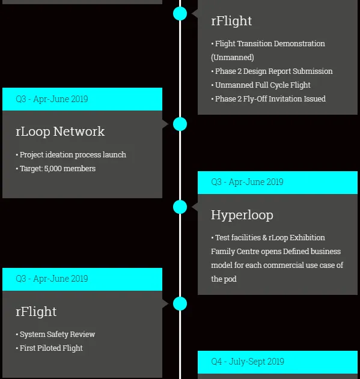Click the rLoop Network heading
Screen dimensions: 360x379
coord(60,132)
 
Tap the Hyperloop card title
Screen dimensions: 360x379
coord(242,215)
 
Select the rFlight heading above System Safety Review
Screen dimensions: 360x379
coord(36,312)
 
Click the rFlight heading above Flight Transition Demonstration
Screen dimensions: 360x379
coord(231,21)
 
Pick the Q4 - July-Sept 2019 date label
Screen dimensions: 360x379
coord(248,362)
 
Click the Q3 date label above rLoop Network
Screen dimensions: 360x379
coord(52,99)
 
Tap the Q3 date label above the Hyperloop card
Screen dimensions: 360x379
coord(247,182)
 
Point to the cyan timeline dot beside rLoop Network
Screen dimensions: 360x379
coord(180,124)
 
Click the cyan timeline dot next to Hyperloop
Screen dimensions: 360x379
coord(180,207)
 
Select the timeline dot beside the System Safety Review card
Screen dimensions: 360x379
coord(180,303)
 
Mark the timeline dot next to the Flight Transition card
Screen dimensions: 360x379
coord(180,13)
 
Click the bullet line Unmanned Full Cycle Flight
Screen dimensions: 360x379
coord(261,85)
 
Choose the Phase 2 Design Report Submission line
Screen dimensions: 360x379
coord(272,71)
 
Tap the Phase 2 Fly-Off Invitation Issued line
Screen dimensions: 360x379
coord(269,99)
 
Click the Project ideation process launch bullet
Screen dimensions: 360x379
coord(71,155)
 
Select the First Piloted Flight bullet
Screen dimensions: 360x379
coord(49,348)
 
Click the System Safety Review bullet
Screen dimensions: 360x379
coord(55,335)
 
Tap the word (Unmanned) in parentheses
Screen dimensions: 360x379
coord(233,58)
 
